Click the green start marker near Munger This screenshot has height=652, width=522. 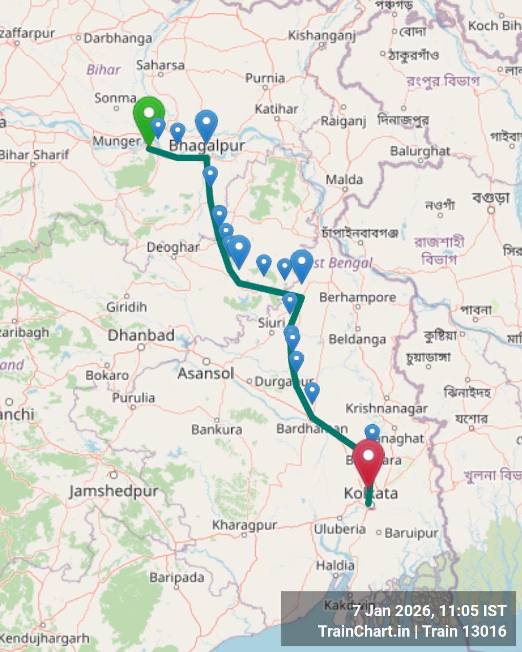pos(149,114)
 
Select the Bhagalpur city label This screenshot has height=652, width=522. pos(207,146)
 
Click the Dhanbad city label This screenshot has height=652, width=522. pos(141,336)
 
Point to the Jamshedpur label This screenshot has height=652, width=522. pos(114,491)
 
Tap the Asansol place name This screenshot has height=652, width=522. pos(205,374)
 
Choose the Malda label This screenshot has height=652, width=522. pos(344,180)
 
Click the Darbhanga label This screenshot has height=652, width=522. pos(117,38)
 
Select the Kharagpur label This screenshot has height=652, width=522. pos(244,526)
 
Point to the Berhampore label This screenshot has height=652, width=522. pos(358,297)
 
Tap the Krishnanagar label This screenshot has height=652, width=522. pos(386,408)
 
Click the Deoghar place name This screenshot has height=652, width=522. pos(173,247)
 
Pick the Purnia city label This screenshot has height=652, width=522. pos(265,78)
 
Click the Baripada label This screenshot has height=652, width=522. pos(177,578)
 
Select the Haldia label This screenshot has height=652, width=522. pos(335,566)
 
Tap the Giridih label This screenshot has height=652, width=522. pos(127,307)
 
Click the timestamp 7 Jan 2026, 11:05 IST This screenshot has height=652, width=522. pos(429,611)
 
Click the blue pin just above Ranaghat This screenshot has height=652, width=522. pos(372,432)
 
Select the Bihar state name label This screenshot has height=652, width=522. pos(103,70)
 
